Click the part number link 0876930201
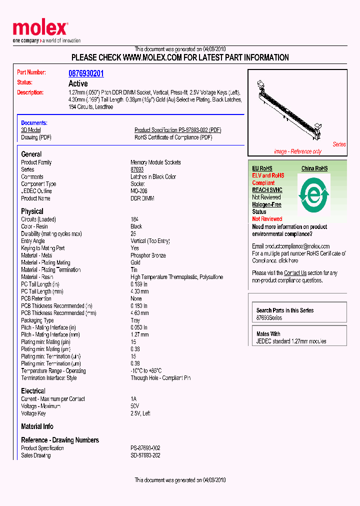[86, 73]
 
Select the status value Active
[78, 83]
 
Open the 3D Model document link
[30, 130]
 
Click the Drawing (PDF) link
[36, 137]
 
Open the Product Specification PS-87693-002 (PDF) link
[177, 130]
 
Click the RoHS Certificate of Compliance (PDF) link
[173, 137]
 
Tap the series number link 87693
[137, 169]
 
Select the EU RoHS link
[262, 168]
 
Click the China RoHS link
[314, 168]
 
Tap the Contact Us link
[295, 273]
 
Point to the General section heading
[31, 154]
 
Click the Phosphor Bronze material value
[148, 255]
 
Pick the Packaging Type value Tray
[136, 320]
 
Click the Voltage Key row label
[33, 413]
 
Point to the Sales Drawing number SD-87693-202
[145, 455]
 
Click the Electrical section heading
[33, 391]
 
